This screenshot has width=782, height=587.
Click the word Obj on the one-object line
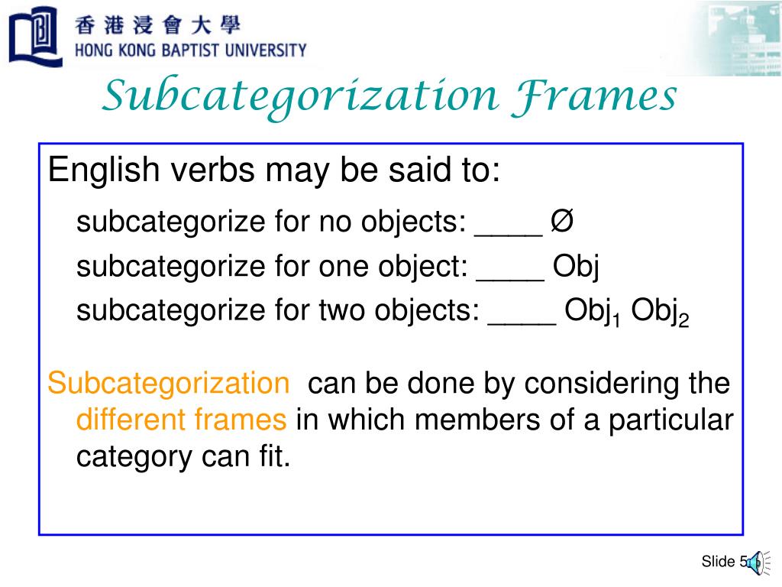point(577,267)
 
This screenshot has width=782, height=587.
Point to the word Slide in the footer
point(717,563)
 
